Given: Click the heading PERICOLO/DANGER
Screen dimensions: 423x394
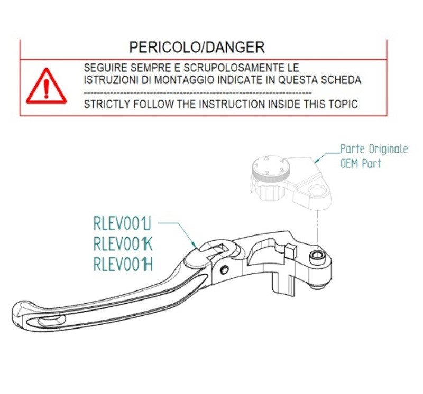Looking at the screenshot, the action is pyautogui.click(x=197, y=48).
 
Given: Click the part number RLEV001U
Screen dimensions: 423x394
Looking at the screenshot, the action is pyautogui.click(x=122, y=223).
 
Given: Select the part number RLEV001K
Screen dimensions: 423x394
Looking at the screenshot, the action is pyautogui.click(x=123, y=244).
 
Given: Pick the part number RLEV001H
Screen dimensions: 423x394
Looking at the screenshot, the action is pyautogui.click(x=123, y=265).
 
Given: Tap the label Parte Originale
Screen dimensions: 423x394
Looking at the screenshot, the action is pyautogui.click(x=374, y=149).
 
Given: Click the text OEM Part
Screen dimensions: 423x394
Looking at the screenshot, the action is pyautogui.click(x=361, y=163).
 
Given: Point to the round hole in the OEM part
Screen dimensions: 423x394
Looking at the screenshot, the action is pyautogui.click(x=318, y=191).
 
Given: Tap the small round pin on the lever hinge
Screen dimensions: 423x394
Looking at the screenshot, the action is pyautogui.click(x=224, y=269).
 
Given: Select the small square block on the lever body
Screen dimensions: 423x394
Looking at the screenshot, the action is pyautogui.click(x=291, y=250).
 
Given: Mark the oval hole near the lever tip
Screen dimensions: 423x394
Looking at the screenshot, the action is pyautogui.click(x=52, y=321).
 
